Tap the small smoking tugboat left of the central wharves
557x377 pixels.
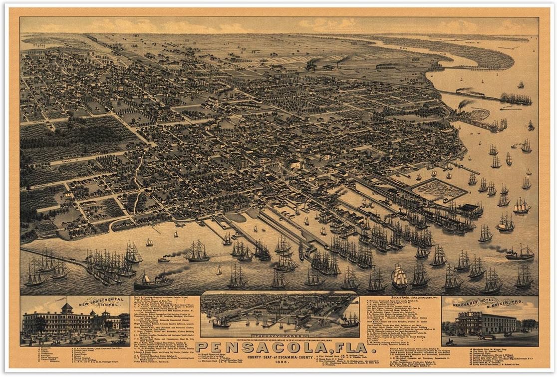pos(164,259)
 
